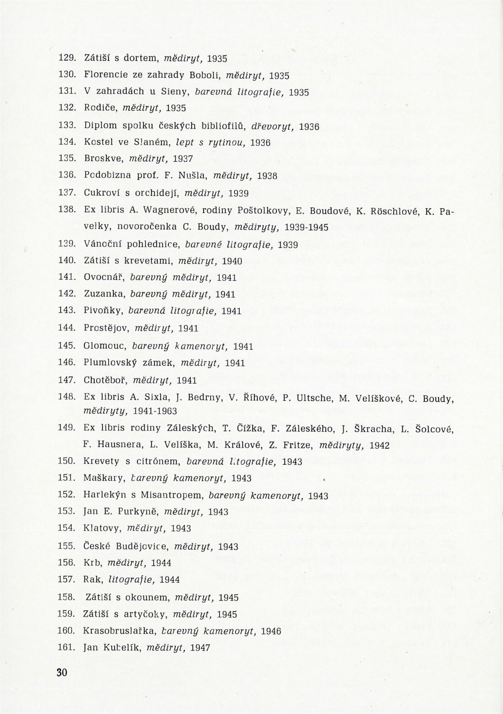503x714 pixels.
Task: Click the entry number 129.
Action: pyautogui.click(x=66, y=58)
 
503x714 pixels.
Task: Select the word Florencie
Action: pyautogui.click(x=101, y=75)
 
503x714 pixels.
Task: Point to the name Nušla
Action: pyautogui.click(x=191, y=176)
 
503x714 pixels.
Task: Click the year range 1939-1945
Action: pyautogui.click(x=306, y=227)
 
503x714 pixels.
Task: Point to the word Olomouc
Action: pyautogui.click(x=105, y=346)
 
